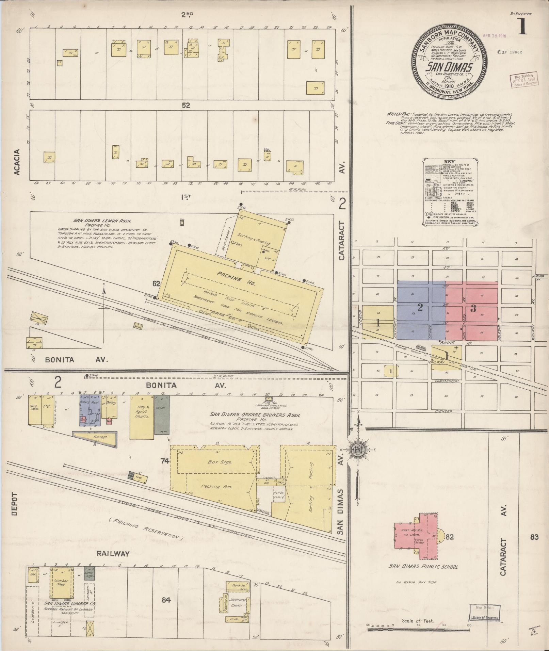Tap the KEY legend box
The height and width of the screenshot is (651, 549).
pyautogui.click(x=449, y=191)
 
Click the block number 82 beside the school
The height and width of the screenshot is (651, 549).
pyautogui.click(x=450, y=537)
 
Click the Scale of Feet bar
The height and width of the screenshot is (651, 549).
pyautogui.click(x=418, y=630)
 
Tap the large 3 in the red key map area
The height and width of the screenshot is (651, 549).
pyautogui.click(x=473, y=309)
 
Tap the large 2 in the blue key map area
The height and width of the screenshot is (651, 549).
pyautogui.click(x=420, y=308)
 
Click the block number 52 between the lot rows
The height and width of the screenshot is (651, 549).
pyautogui.click(x=185, y=105)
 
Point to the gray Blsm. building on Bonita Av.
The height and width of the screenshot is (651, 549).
pyautogui.click(x=160, y=414)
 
